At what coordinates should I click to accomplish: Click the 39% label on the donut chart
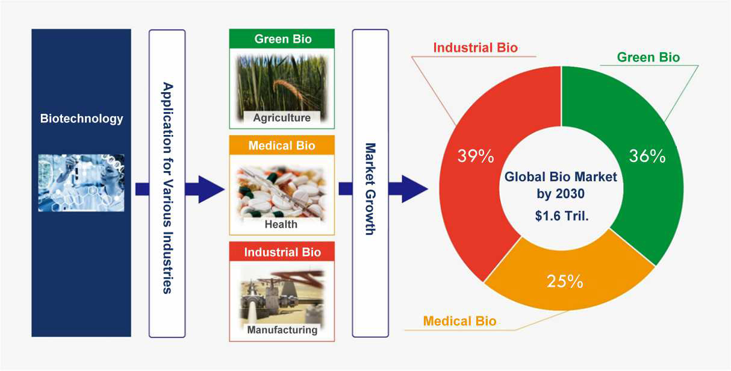click(476, 155)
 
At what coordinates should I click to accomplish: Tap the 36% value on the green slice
click(647, 155)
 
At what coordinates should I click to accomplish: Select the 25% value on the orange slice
click(565, 281)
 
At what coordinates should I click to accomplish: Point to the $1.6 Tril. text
click(562, 216)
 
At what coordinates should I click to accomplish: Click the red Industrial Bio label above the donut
click(476, 48)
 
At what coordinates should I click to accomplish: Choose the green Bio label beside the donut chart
click(649, 57)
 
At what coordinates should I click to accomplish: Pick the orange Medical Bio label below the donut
click(459, 321)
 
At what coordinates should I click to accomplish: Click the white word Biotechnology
click(81, 119)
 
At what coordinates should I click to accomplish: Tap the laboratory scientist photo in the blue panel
click(81, 182)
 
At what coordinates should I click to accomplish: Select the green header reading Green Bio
click(282, 39)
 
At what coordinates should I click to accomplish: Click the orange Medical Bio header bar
click(282, 145)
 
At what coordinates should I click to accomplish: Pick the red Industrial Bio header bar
click(282, 252)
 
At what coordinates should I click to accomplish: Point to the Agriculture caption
click(282, 117)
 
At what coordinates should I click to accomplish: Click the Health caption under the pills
click(281, 224)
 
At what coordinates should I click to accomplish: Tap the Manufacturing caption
click(282, 330)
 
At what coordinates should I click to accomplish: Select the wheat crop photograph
click(282, 88)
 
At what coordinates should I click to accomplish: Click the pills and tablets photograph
click(281, 194)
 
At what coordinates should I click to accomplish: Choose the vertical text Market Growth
click(370, 189)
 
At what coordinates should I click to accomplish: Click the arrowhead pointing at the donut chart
click(414, 189)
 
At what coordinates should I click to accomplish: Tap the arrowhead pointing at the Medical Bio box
click(211, 189)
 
